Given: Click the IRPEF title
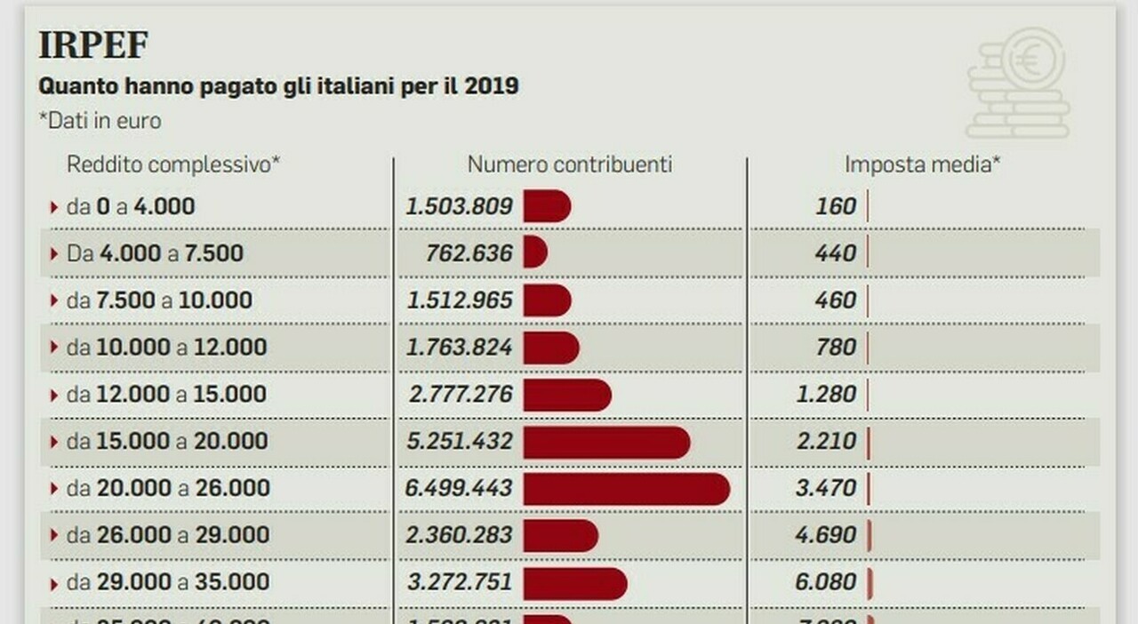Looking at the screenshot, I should [92, 44].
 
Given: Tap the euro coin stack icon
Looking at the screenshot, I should [1019, 83].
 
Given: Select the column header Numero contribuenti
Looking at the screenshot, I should [570, 164].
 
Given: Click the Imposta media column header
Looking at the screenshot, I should [923, 164].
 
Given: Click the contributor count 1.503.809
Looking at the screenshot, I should [460, 207].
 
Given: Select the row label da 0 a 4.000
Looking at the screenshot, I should [131, 207].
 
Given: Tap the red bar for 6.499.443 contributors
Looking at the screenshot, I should [626, 488].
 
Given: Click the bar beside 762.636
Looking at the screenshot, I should [534, 253].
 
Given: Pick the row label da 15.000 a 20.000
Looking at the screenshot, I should [166, 442].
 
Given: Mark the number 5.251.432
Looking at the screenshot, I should [460, 442].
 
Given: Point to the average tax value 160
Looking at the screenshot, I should [836, 207].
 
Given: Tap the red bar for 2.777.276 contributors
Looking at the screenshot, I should [566, 395].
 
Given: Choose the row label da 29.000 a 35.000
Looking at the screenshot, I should [166, 582].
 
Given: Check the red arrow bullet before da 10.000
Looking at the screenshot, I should [54, 348].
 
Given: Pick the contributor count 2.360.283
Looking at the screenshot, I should [460, 535].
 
